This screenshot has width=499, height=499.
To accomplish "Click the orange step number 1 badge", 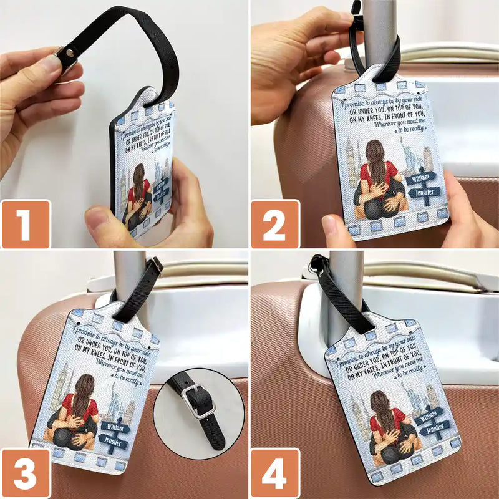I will (x=26, y=224).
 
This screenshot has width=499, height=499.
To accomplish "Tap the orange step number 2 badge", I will (x=275, y=224).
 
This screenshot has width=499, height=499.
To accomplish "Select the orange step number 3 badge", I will (x=26, y=473).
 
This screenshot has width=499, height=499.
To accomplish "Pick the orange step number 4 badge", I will (x=275, y=473).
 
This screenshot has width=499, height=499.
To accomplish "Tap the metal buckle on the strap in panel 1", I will (x=64, y=57).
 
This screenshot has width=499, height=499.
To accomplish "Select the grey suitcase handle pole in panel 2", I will (x=380, y=31).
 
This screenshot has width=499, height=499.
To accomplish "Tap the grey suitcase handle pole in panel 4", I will (x=347, y=287).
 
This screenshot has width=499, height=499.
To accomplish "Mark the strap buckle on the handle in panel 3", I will (x=155, y=267).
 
